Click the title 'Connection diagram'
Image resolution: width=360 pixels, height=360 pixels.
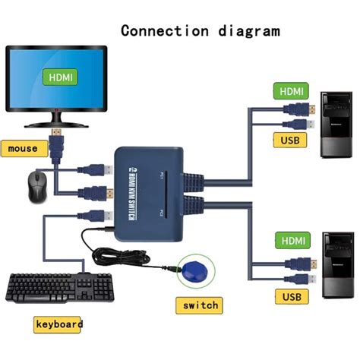[200, 31]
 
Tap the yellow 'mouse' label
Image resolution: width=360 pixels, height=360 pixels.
[24, 149]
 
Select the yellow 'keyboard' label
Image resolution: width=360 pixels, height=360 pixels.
[58, 324]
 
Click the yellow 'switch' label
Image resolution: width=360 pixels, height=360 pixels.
[200, 305]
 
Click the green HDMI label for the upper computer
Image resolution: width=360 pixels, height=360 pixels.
[292, 91]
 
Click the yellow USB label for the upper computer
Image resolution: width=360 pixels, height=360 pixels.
[292, 140]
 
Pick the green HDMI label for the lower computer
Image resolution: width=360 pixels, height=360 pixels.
[292, 241]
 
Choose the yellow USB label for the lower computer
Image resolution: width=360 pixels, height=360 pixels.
[292, 296]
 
